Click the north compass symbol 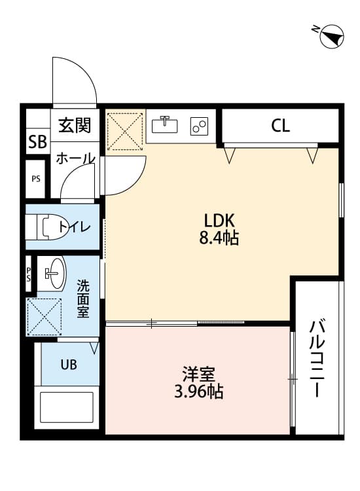click(331, 36)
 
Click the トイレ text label click(75, 227)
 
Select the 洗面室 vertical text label click(83, 299)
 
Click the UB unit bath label click(69, 365)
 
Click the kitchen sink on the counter click(166, 123)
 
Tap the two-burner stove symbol click(199, 124)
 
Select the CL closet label click(280, 126)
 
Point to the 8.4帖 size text click(219, 238)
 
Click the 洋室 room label click(198, 376)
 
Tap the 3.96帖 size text click(198, 393)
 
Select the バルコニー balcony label click(319, 358)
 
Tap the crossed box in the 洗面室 click(45, 317)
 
